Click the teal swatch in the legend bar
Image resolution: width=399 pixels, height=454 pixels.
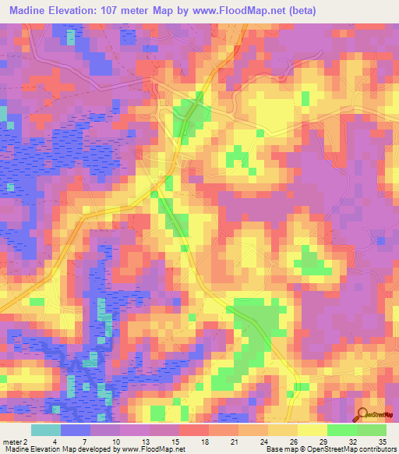click(46, 430)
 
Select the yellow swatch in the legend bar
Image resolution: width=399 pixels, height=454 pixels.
click(312, 430)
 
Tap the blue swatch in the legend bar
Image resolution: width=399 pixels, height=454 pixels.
click(76, 430)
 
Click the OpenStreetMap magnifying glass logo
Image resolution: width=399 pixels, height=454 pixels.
click(362, 416)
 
